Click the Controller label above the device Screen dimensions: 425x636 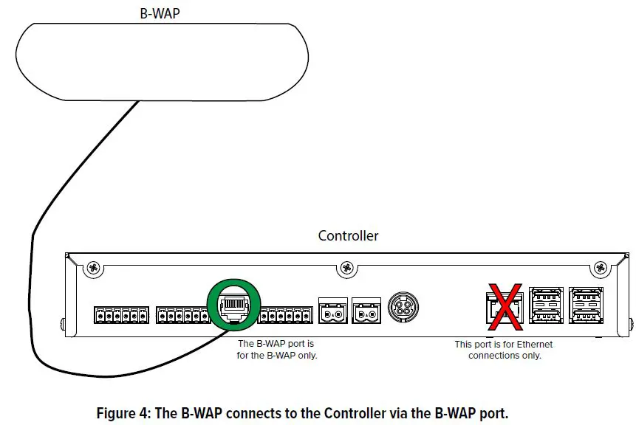point(348,236)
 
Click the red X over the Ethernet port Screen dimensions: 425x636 point(505,305)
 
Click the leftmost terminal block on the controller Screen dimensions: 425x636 point(120,315)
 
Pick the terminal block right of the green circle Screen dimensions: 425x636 point(284,315)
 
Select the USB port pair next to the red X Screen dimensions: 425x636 point(546,306)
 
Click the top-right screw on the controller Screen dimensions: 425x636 point(601,267)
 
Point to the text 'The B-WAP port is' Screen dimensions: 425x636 point(276,345)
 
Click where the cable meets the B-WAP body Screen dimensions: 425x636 point(138,101)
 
